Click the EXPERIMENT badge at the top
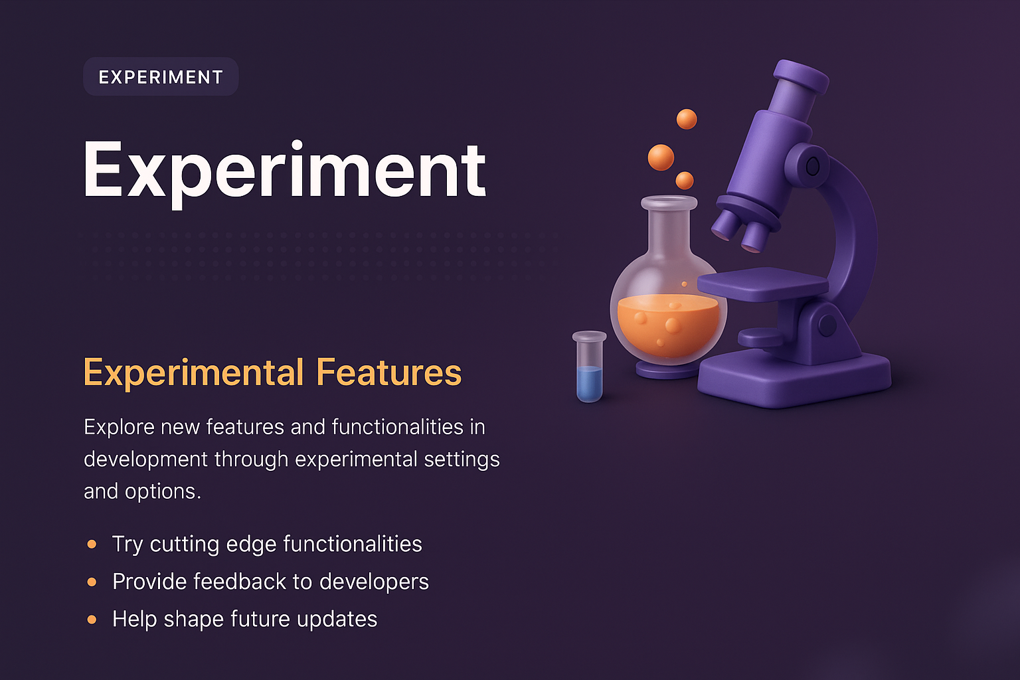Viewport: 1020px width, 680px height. (161, 77)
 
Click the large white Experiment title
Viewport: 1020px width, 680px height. (284, 171)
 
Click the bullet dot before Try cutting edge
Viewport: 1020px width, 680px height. (92, 545)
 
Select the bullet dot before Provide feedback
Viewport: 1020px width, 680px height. (92, 582)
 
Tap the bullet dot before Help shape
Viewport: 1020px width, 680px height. (92, 620)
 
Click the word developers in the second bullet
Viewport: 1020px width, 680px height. (374, 582)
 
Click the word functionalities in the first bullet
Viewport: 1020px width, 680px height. (353, 544)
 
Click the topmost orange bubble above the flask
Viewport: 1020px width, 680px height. (687, 120)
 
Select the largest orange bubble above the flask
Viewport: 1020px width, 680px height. (661, 157)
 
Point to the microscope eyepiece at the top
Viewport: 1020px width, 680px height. (802, 75)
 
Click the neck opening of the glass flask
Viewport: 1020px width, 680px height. (669, 203)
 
